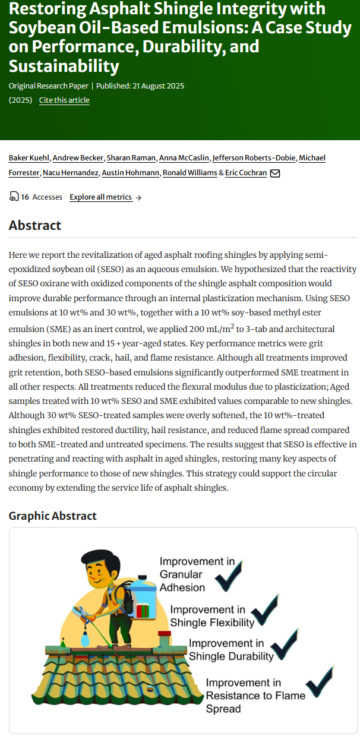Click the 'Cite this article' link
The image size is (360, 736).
64,100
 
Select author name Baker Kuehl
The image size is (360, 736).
29,157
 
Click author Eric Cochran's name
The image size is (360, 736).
246,173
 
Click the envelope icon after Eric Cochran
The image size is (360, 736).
275,173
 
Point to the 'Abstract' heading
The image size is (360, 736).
35,225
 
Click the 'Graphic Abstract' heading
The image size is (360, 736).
52,516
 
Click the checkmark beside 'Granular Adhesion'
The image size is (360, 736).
228,575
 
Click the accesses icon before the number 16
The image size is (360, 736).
14,197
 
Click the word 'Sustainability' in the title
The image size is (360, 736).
64,66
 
